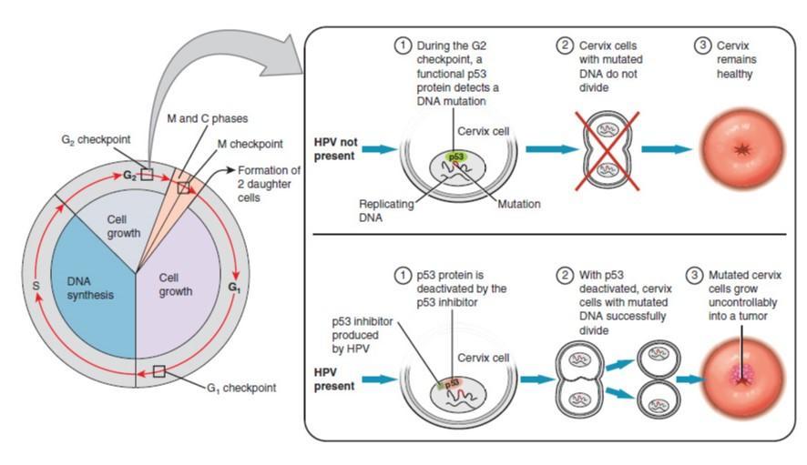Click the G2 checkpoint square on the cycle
click(x=147, y=174)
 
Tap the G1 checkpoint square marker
click(x=159, y=371)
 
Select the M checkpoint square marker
click(x=184, y=187)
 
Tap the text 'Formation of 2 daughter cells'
click(x=268, y=184)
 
